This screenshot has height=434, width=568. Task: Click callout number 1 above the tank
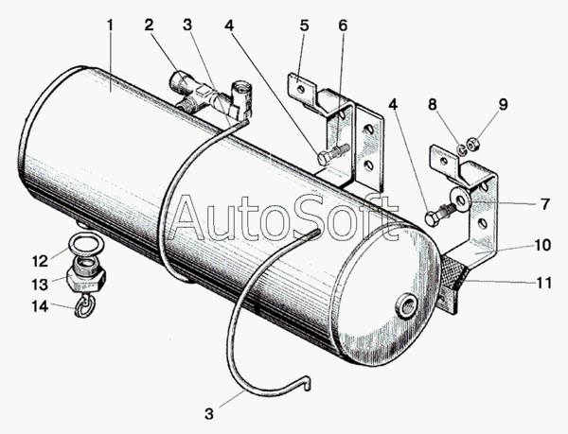pyautogui.click(x=110, y=26)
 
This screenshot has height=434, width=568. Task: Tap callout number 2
pyautogui.click(x=149, y=26)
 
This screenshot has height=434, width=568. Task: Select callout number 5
pyautogui.click(x=304, y=26)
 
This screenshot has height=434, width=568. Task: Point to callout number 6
pyautogui.click(x=343, y=26)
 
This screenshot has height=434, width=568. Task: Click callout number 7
pyautogui.click(x=545, y=204)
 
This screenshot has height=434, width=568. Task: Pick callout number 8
pyautogui.click(x=433, y=105)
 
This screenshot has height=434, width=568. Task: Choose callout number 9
pyautogui.click(x=503, y=105)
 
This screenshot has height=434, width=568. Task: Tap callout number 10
pyautogui.click(x=542, y=245)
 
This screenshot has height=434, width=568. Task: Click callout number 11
pyautogui.click(x=543, y=283)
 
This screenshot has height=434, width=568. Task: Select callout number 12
pyautogui.click(x=40, y=261)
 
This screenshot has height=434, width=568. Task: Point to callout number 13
pyautogui.click(x=40, y=285)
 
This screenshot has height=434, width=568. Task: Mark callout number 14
pyautogui.click(x=40, y=306)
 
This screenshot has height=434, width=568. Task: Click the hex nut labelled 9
pyautogui.click(x=473, y=145)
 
